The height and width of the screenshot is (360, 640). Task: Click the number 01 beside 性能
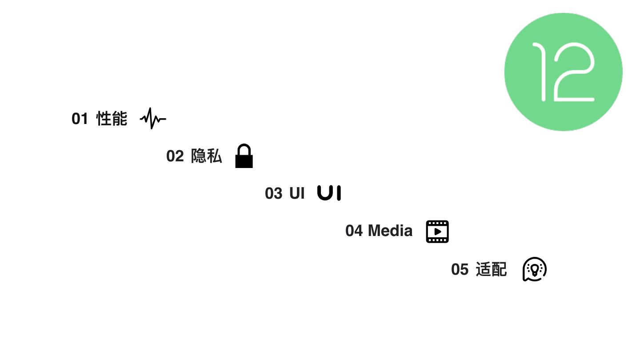point(80,119)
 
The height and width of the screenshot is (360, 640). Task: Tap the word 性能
point(112,119)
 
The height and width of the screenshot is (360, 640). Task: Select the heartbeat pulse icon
point(153,118)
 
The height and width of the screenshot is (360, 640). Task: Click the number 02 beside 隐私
point(175,156)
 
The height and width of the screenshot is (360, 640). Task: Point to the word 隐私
point(207,156)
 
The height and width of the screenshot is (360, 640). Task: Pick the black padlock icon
point(244,156)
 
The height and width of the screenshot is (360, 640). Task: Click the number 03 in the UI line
point(273,194)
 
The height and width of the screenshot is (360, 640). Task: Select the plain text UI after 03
point(297,193)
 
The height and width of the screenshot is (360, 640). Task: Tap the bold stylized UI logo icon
point(329,193)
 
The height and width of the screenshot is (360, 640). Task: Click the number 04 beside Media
point(354,231)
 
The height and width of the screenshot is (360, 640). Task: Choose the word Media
point(390,231)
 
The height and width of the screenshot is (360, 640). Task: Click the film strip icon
point(437,232)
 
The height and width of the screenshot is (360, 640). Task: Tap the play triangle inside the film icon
point(438,232)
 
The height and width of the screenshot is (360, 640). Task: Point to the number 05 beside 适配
point(460,269)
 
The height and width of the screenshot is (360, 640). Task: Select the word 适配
point(492,269)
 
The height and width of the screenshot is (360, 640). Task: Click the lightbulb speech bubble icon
point(534,269)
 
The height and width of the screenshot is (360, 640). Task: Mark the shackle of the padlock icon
point(244,148)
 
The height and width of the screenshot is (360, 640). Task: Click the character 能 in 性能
point(120,119)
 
